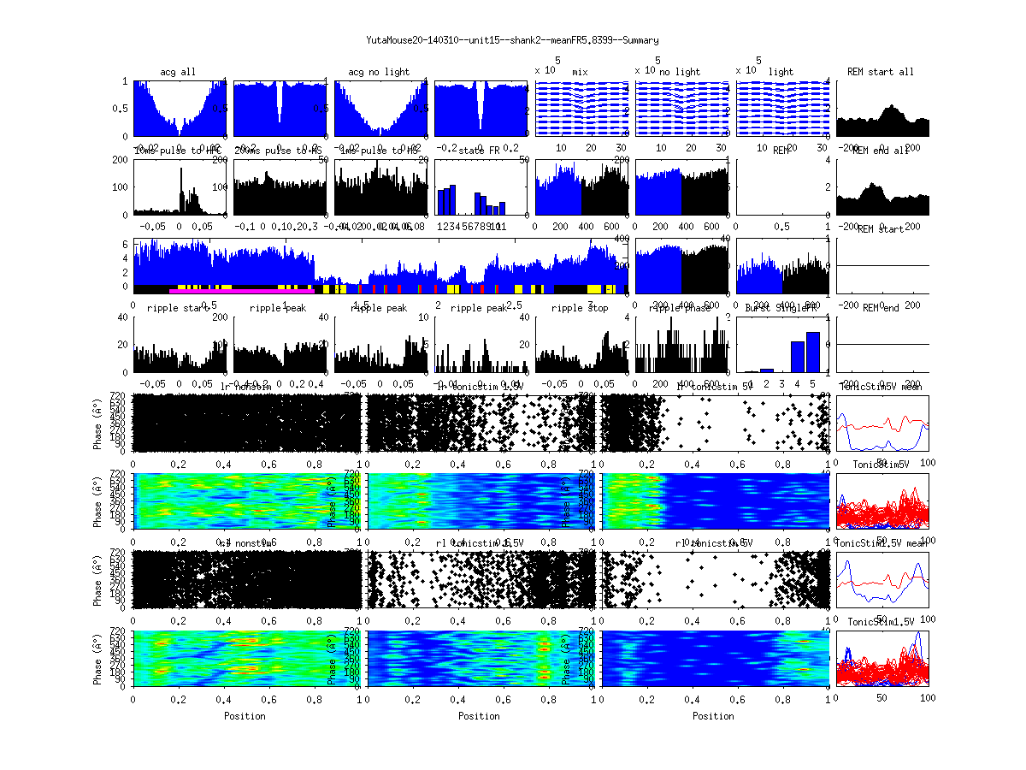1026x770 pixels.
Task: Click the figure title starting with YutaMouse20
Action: [x=512, y=40]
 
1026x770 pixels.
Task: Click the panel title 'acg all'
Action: [x=178, y=72]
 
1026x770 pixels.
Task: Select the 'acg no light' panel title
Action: [x=379, y=72]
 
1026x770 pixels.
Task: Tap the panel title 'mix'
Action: [x=581, y=72]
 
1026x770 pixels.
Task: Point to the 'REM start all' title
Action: [x=881, y=72]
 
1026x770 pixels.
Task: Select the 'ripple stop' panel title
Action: [x=580, y=308]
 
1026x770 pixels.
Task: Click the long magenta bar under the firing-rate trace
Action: [x=242, y=291]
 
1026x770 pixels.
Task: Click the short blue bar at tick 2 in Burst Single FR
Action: [x=767, y=370]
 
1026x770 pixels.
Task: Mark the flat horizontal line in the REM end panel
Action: [x=882, y=344]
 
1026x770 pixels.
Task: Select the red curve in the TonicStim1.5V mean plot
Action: [x=881, y=583]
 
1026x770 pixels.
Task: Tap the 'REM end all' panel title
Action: [x=881, y=151]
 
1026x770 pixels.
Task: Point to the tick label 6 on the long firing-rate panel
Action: [x=126, y=245]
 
